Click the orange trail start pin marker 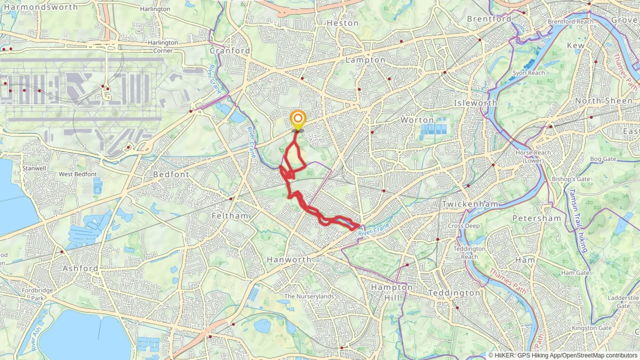298,119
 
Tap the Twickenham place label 470,204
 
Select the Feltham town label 230,216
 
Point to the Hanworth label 289,260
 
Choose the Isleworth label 475,103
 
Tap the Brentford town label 489,19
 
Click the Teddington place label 454,293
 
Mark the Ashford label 80,268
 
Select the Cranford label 230,51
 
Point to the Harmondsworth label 41,7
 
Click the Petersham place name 537,218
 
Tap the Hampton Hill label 392,292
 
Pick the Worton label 417,120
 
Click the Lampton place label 365,60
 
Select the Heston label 343,23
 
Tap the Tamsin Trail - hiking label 578,220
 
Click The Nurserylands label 309,296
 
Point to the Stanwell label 34,168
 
